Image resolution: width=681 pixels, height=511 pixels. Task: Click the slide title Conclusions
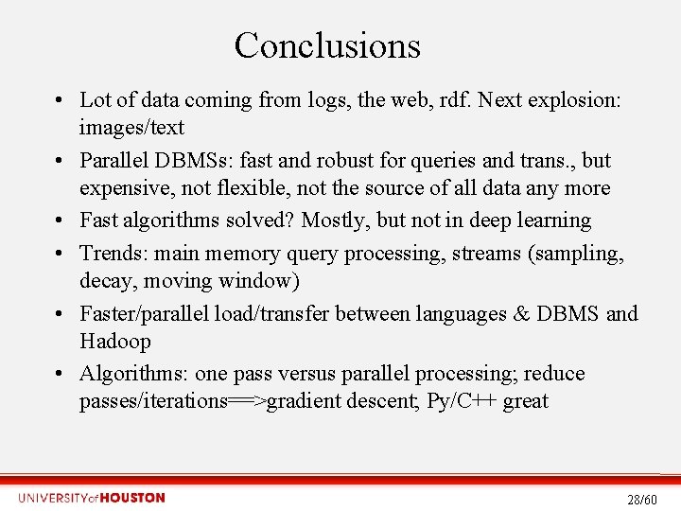(x=327, y=45)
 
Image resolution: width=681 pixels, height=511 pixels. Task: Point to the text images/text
(x=131, y=127)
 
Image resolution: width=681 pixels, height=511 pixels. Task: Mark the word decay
(x=106, y=280)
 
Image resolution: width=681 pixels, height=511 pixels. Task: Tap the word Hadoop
(x=115, y=341)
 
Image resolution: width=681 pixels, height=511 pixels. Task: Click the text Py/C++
(x=462, y=400)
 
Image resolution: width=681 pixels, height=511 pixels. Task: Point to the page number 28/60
(x=642, y=499)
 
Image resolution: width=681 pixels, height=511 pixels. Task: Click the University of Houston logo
(x=91, y=498)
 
